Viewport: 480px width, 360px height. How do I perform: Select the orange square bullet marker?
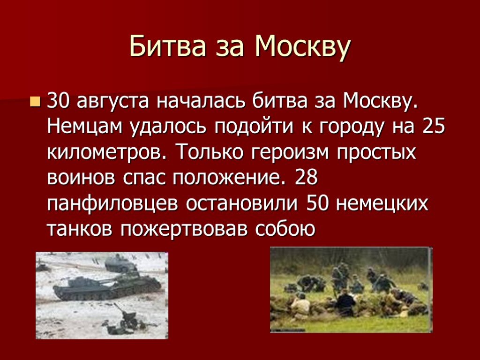click(35, 102)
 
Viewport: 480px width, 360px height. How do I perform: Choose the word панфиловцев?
click(112, 203)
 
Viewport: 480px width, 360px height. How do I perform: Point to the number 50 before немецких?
click(317, 203)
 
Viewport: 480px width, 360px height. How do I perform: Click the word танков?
click(80, 229)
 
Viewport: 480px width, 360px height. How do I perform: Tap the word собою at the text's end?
click(285, 228)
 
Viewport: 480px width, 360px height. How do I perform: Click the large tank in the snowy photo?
click(107, 287)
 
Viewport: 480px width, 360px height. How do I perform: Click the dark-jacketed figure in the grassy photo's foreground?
click(345, 303)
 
